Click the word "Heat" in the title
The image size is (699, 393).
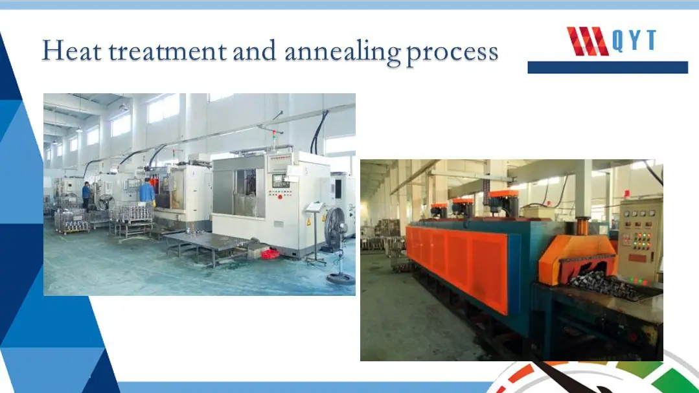coord(72,51)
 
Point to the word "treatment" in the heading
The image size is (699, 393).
coord(168,51)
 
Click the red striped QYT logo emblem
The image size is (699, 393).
coord(587,41)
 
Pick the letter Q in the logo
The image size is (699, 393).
coord(617,41)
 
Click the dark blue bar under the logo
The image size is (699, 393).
coord(608,67)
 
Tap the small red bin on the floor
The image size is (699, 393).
coord(270,254)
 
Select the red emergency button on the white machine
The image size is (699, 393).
coord(280,197)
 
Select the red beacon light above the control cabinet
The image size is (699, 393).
coord(627,194)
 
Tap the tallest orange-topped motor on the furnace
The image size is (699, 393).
coord(504,202)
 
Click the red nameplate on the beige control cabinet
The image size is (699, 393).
coord(637,258)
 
